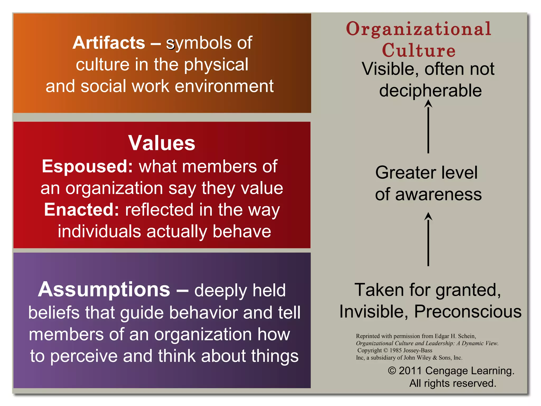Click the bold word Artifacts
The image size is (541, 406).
click(109, 43)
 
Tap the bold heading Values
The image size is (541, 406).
click(162, 143)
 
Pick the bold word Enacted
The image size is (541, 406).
click(82, 210)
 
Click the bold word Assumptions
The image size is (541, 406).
click(104, 289)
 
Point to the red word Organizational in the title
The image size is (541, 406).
click(419, 29)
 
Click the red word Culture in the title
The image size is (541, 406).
click(419, 50)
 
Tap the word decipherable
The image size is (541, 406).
click(430, 91)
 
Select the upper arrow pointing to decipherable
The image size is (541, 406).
click(428, 127)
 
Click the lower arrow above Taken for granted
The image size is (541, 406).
click(428, 239)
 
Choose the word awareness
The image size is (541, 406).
click(439, 195)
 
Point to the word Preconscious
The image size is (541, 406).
click(468, 311)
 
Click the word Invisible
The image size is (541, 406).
click(371, 311)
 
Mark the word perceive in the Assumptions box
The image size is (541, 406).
click(84, 356)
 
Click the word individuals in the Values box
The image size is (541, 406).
click(99, 231)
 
